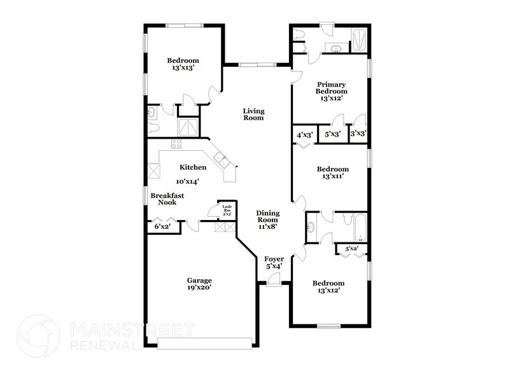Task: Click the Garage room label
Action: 199,280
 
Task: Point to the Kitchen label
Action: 192,167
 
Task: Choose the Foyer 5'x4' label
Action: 274,263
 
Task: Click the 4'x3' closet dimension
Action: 305,134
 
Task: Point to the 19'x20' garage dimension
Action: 199,288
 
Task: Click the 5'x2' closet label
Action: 352,249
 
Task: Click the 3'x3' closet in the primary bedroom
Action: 359,134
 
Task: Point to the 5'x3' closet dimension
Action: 332,134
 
